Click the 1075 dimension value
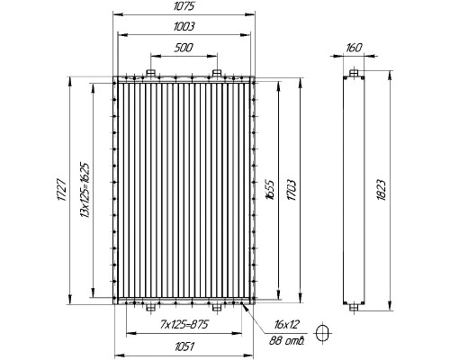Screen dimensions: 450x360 click(x=184, y=6)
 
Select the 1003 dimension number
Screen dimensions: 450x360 click(x=184, y=27)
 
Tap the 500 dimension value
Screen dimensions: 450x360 click(x=184, y=48)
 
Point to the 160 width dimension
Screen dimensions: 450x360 click(x=354, y=48)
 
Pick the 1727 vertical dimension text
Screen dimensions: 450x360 click(x=61, y=190)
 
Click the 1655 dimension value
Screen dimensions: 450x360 click(x=270, y=190)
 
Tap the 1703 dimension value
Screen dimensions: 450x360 click(x=291, y=190)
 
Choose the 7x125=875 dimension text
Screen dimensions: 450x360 click(x=184, y=324)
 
